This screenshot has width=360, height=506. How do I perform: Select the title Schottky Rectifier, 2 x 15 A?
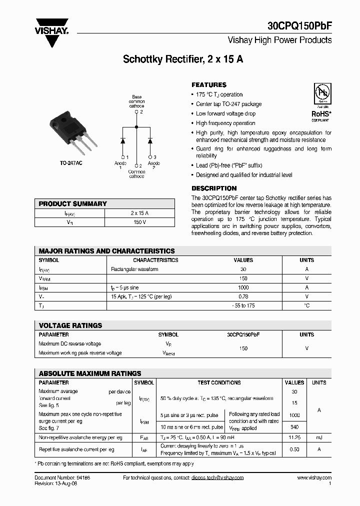183,59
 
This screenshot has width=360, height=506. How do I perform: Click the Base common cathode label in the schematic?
136,101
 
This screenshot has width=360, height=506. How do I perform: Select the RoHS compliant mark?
320,103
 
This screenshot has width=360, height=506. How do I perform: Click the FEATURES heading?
209,85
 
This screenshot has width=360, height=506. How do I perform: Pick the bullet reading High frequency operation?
225,123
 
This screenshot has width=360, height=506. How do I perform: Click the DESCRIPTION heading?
214,188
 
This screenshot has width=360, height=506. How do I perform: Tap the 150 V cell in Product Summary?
139,222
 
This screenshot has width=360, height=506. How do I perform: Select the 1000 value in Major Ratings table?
243,287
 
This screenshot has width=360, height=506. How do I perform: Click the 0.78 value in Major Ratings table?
243,296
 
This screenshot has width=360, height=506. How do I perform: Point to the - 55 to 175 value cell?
243,305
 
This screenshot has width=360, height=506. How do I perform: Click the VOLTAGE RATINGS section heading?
70,325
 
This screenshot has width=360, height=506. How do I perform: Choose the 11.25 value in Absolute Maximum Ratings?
294,437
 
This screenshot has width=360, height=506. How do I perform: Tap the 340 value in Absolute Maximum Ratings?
294,426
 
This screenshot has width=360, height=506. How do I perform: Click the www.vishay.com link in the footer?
314,478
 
